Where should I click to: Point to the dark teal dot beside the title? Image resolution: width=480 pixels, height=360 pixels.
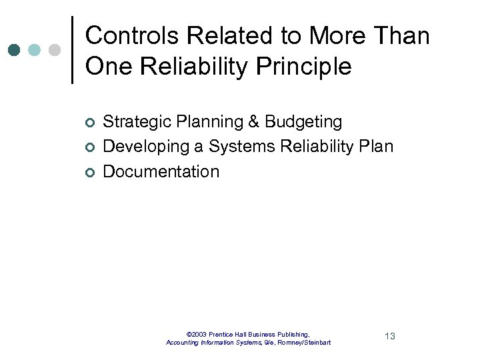(15, 50)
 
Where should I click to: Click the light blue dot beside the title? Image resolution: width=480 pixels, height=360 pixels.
(35, 50)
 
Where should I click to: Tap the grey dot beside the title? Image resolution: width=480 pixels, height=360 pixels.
(55, 50)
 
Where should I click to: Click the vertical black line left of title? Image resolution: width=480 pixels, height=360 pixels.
(72, 50)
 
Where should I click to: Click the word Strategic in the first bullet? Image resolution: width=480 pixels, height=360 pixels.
(132, 122)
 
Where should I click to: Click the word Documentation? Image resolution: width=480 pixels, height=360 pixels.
(161, 171)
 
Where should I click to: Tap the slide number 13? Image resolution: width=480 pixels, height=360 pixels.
(390, 336)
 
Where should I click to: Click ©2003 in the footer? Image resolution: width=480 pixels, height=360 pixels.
(197, 334)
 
